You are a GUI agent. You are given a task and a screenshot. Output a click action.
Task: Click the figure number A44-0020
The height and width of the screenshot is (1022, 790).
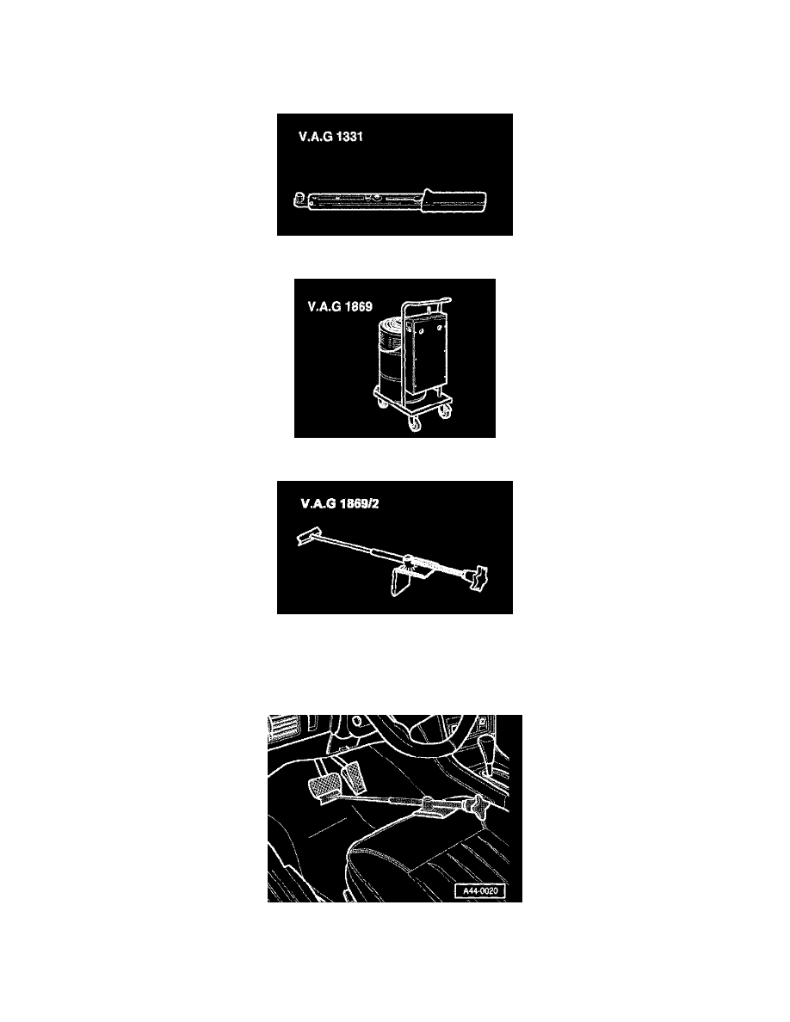478,892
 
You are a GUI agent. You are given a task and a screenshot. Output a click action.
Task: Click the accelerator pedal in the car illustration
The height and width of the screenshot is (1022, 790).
355,780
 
